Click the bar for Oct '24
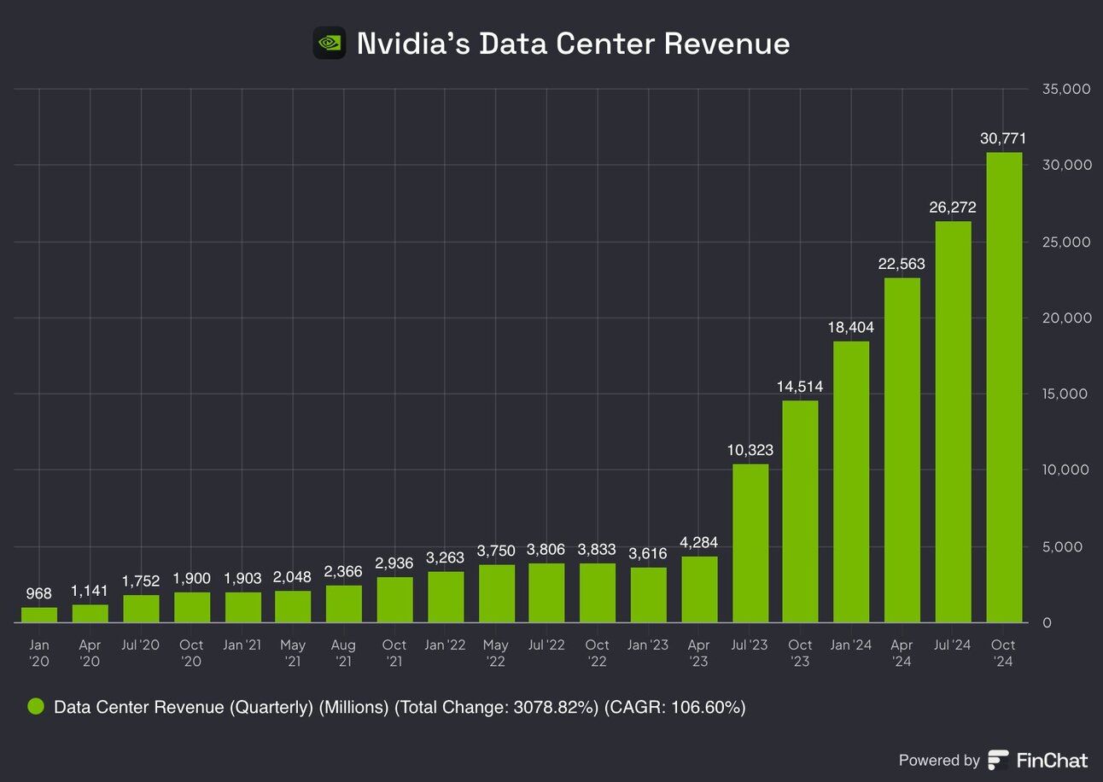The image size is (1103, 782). pos(1004,388)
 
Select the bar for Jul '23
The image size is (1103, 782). pos(750,543)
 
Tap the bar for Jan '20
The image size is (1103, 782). pos(39,615)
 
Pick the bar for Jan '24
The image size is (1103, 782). pos(851,481)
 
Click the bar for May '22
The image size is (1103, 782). pos(496,593)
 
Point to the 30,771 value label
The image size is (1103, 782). pos(1003,138)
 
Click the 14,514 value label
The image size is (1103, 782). pos(800,387)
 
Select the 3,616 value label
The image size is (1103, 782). pos(648,553)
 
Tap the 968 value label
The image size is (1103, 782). pos(38,593)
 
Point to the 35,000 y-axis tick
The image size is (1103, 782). pos(1066,89)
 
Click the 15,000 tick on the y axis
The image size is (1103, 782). pos(1066,394)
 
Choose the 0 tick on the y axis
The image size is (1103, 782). pos(1047,622)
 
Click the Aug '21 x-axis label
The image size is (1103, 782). pos(343,653)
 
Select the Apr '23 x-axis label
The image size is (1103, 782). pos(698,653)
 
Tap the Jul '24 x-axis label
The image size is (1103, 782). pos(953,645)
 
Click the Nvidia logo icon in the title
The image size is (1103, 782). pos(330,43)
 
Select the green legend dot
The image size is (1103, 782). pos(36,707)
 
